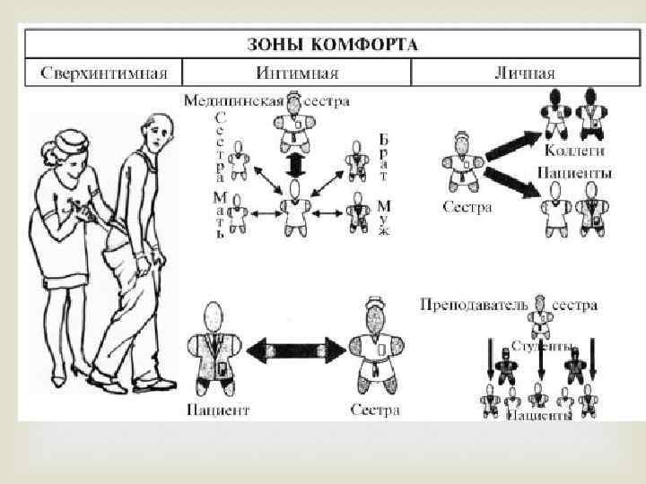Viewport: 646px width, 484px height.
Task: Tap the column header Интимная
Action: pos(296,73)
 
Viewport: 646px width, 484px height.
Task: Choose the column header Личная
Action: pos(525,73)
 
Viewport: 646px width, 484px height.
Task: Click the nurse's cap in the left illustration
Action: pos(70,139)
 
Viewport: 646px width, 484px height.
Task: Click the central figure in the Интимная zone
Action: pos(294,211)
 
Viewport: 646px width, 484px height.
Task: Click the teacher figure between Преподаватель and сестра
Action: pos(538,314)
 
